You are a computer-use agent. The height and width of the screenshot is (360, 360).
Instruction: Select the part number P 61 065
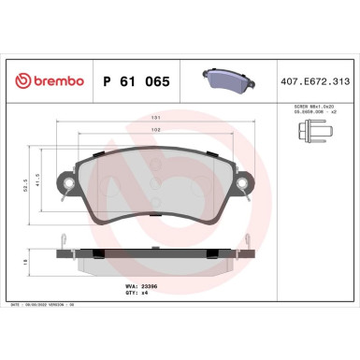coord(135,81)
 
